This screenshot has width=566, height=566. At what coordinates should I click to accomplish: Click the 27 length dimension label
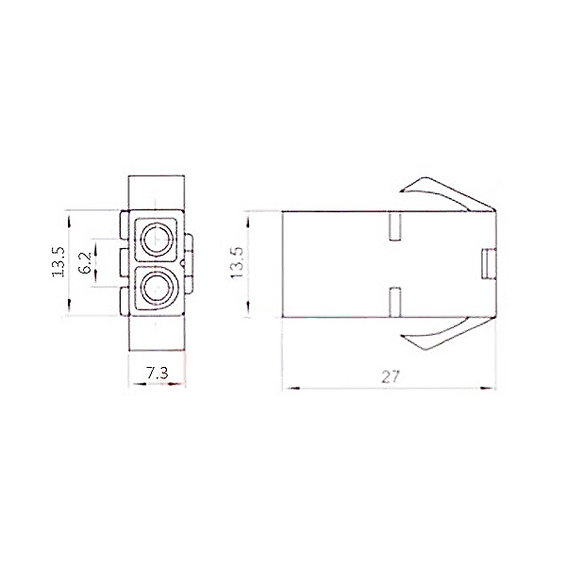(x=391, y=375)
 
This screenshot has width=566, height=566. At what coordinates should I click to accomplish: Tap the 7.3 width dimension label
(x=158, y=374)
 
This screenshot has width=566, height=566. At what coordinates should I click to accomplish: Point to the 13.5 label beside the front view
(x=58, y=262)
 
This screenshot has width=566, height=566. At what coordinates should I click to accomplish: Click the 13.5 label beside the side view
(x=239, y=262)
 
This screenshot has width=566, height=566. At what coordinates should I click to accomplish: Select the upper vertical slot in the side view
(x=396, y=227)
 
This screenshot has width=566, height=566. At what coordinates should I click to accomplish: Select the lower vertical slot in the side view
(x=396, y=302)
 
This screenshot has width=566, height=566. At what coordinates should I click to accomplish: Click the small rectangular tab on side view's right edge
(x=490, y=264)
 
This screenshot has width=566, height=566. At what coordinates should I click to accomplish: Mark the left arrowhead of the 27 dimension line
(x=288, y=387)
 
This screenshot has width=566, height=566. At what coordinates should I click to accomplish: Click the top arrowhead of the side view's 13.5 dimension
(x=247, y=216)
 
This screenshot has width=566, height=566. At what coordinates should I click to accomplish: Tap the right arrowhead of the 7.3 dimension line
(x=185, y=386)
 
